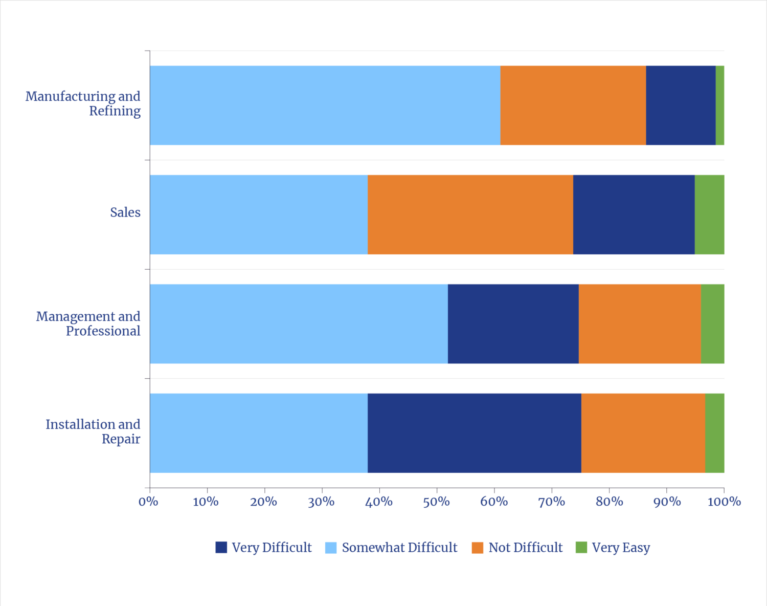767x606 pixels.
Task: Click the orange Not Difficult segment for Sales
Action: coord(470,214)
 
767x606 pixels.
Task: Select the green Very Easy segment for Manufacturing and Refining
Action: coord(719,105)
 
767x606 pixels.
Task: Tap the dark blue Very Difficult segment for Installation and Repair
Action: coord(474,433)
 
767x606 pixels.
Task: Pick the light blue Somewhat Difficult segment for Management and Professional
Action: coord(299,323)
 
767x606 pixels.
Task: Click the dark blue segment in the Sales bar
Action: coord(634,214)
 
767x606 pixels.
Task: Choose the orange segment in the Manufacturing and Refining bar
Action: coord(573,105)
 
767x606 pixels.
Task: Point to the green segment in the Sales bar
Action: coord(709,214)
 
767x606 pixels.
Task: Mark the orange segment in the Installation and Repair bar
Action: coord(643,433)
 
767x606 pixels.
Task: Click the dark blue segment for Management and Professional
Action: coord(513,323)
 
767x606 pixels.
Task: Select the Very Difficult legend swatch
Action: coord(221,548)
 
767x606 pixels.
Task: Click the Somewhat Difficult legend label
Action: coord(399,548)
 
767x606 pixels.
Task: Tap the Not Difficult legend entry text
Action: coord(525,548)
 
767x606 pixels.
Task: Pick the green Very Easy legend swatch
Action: coord(581,548)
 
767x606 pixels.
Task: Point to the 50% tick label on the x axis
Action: coord(436,502)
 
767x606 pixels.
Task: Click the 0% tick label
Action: coord(149,502)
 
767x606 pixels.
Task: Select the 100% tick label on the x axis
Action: coord(724,502)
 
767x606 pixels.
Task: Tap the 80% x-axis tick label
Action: coord(609,502)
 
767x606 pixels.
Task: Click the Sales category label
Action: coord(125,212)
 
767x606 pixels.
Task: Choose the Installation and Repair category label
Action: coord(93,431)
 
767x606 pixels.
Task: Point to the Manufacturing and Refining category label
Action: coord(83,103)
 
